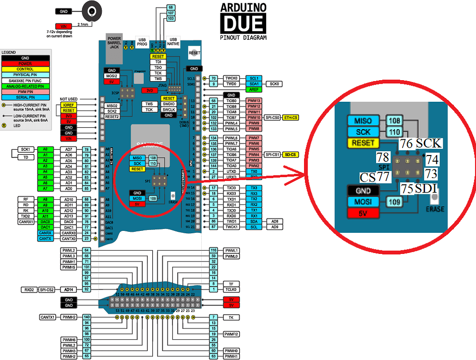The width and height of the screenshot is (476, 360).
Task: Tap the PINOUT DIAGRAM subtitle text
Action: click(x=242, y=37)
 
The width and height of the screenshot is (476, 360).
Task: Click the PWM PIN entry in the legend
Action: click(x=25, y=92)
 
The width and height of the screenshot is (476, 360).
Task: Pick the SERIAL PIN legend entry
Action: click(x=25, y=97)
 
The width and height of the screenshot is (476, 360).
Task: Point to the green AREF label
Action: click(x=253, y=90)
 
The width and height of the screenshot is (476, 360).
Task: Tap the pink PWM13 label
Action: click(x=254, y=100)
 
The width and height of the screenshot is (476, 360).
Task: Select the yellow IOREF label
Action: click(x=69, y=105)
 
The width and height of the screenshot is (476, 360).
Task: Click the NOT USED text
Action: click(x=69, y=99)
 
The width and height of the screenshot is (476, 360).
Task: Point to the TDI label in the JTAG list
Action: click(x=158, y=62)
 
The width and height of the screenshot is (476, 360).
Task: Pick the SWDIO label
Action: click(x=168, y=104)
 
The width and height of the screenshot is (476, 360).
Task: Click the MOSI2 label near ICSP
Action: click(x=112, y=76)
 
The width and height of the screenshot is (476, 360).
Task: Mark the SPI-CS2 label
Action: click(x=47, y=289)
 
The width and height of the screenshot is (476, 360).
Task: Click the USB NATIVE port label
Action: click(x=172, y=41)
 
